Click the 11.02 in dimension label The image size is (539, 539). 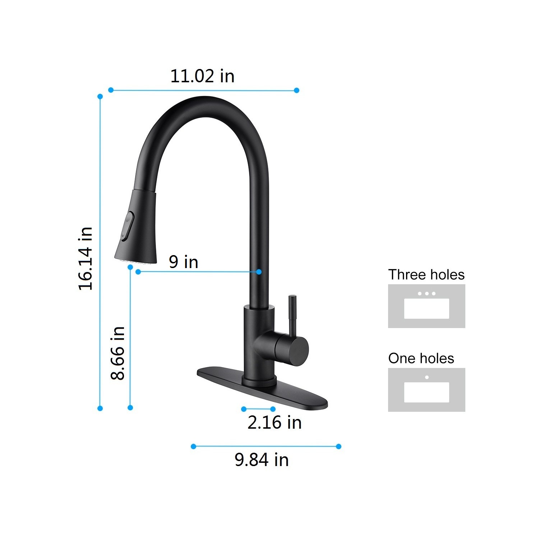(202, 76)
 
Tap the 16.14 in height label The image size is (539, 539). (86, 259)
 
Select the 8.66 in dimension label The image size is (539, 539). (118, 353)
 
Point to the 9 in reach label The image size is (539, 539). (183, 262)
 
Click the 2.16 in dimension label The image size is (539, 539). (274, 422)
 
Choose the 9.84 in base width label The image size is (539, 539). (262, 460)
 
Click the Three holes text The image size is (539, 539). (426, 275)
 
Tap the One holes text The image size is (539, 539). (421, 358)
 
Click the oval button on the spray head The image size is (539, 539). (128, 226)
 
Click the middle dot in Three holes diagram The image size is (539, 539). (427, 294)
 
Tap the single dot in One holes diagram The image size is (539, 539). (427, 377)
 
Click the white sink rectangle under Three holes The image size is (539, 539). (427, 309)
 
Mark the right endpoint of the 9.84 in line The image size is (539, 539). (338, 446)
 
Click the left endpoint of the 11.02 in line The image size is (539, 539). (111, 90)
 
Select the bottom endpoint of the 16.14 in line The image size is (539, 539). (100, 408)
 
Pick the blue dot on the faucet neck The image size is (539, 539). (259, 272)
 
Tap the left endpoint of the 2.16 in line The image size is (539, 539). (244, 409)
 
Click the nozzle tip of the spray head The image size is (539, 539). (135, 259)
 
